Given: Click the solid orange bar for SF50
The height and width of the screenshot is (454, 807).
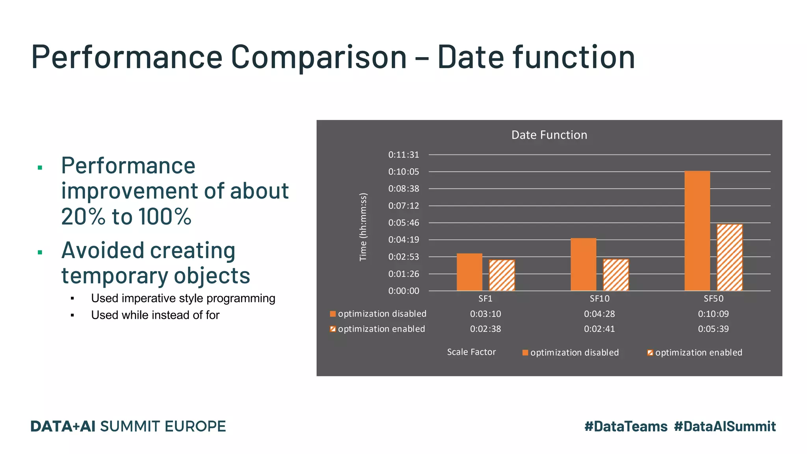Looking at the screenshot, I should (x=697, y=231).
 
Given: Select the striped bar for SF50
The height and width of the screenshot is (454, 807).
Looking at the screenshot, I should (x=729, y=257).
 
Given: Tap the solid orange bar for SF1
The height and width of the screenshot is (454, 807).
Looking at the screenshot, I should (x=469, y=272).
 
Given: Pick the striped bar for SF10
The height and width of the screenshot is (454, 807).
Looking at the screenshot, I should (x=616, y=275).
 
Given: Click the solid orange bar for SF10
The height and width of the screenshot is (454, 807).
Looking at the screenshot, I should (x=583, y=264).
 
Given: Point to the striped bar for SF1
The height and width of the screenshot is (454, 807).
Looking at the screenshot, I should (x=502, y=275).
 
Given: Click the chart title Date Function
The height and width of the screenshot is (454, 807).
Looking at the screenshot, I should (x=549, y=135).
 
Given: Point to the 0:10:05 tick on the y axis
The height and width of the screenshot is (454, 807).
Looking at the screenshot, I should (x=403, y=172).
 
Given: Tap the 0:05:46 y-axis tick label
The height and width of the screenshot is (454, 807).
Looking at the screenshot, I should (x=403, y=223).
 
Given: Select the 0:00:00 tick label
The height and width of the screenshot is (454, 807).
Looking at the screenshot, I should (x=403, y=291).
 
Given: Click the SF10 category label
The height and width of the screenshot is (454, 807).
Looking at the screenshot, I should (x=599, y=299).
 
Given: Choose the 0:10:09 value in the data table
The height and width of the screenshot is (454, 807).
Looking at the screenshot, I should (x=713, y=314).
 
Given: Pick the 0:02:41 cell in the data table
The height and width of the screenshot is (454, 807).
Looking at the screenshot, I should (x=599, y=329).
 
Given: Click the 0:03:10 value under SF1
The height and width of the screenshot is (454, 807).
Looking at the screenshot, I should (x=485, y=314).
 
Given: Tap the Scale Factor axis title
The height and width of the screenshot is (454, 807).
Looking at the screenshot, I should (x=471, y=352).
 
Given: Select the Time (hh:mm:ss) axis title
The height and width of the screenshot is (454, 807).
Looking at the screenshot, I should (x=363, y=227).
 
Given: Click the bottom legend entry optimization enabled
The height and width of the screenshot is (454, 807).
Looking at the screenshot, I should (x=698, y=353).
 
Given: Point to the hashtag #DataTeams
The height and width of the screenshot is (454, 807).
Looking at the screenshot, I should (x=626, y=426).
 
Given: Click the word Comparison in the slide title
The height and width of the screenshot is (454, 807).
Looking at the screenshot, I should (x=318, y=57).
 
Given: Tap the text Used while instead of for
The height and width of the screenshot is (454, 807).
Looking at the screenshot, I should (x=155, y=315).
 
